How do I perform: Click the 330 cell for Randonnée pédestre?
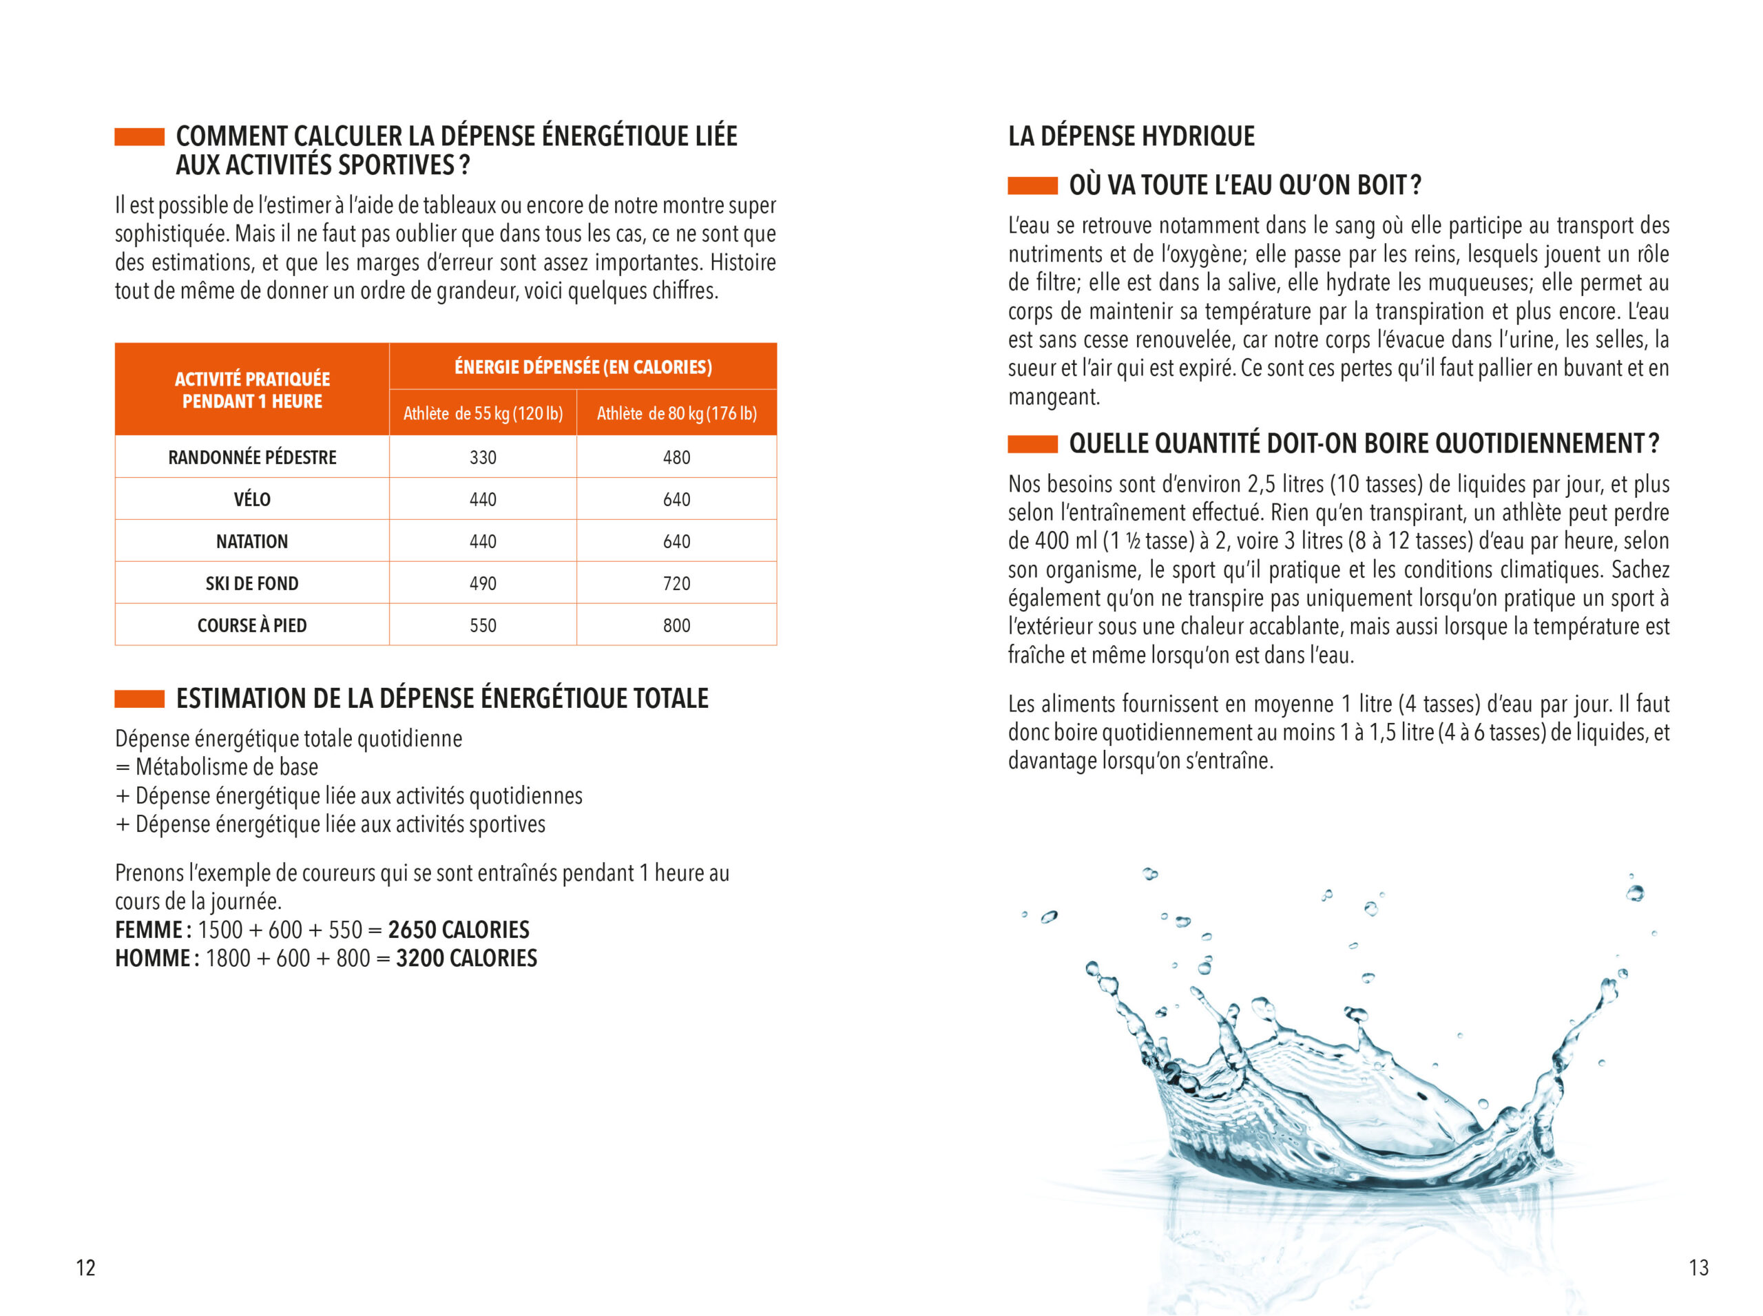(482, 457)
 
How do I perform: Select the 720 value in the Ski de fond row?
(676, 583)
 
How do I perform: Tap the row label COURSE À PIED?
(252, 625)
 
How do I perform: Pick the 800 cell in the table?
(676, 625)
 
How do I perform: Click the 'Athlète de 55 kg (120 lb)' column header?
(482, 413)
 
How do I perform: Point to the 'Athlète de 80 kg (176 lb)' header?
(676, 413)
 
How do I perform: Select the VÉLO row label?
(252, 499)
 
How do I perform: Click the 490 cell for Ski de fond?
(482, 583)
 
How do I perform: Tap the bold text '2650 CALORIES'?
(458, 930)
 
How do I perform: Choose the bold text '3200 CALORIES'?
(466, 959)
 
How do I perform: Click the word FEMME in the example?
(149, 930)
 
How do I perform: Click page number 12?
(85, 1267)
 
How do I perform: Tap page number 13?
(1698, 1267)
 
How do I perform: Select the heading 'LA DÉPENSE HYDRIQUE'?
(1131, 136)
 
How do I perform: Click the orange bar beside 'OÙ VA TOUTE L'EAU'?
(1032, 186)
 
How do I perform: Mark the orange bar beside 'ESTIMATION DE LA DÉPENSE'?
(139, 698)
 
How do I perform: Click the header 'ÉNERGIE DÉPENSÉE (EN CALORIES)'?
(583, 367)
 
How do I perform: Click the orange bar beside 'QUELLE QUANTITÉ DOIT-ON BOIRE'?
(1032, 443)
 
